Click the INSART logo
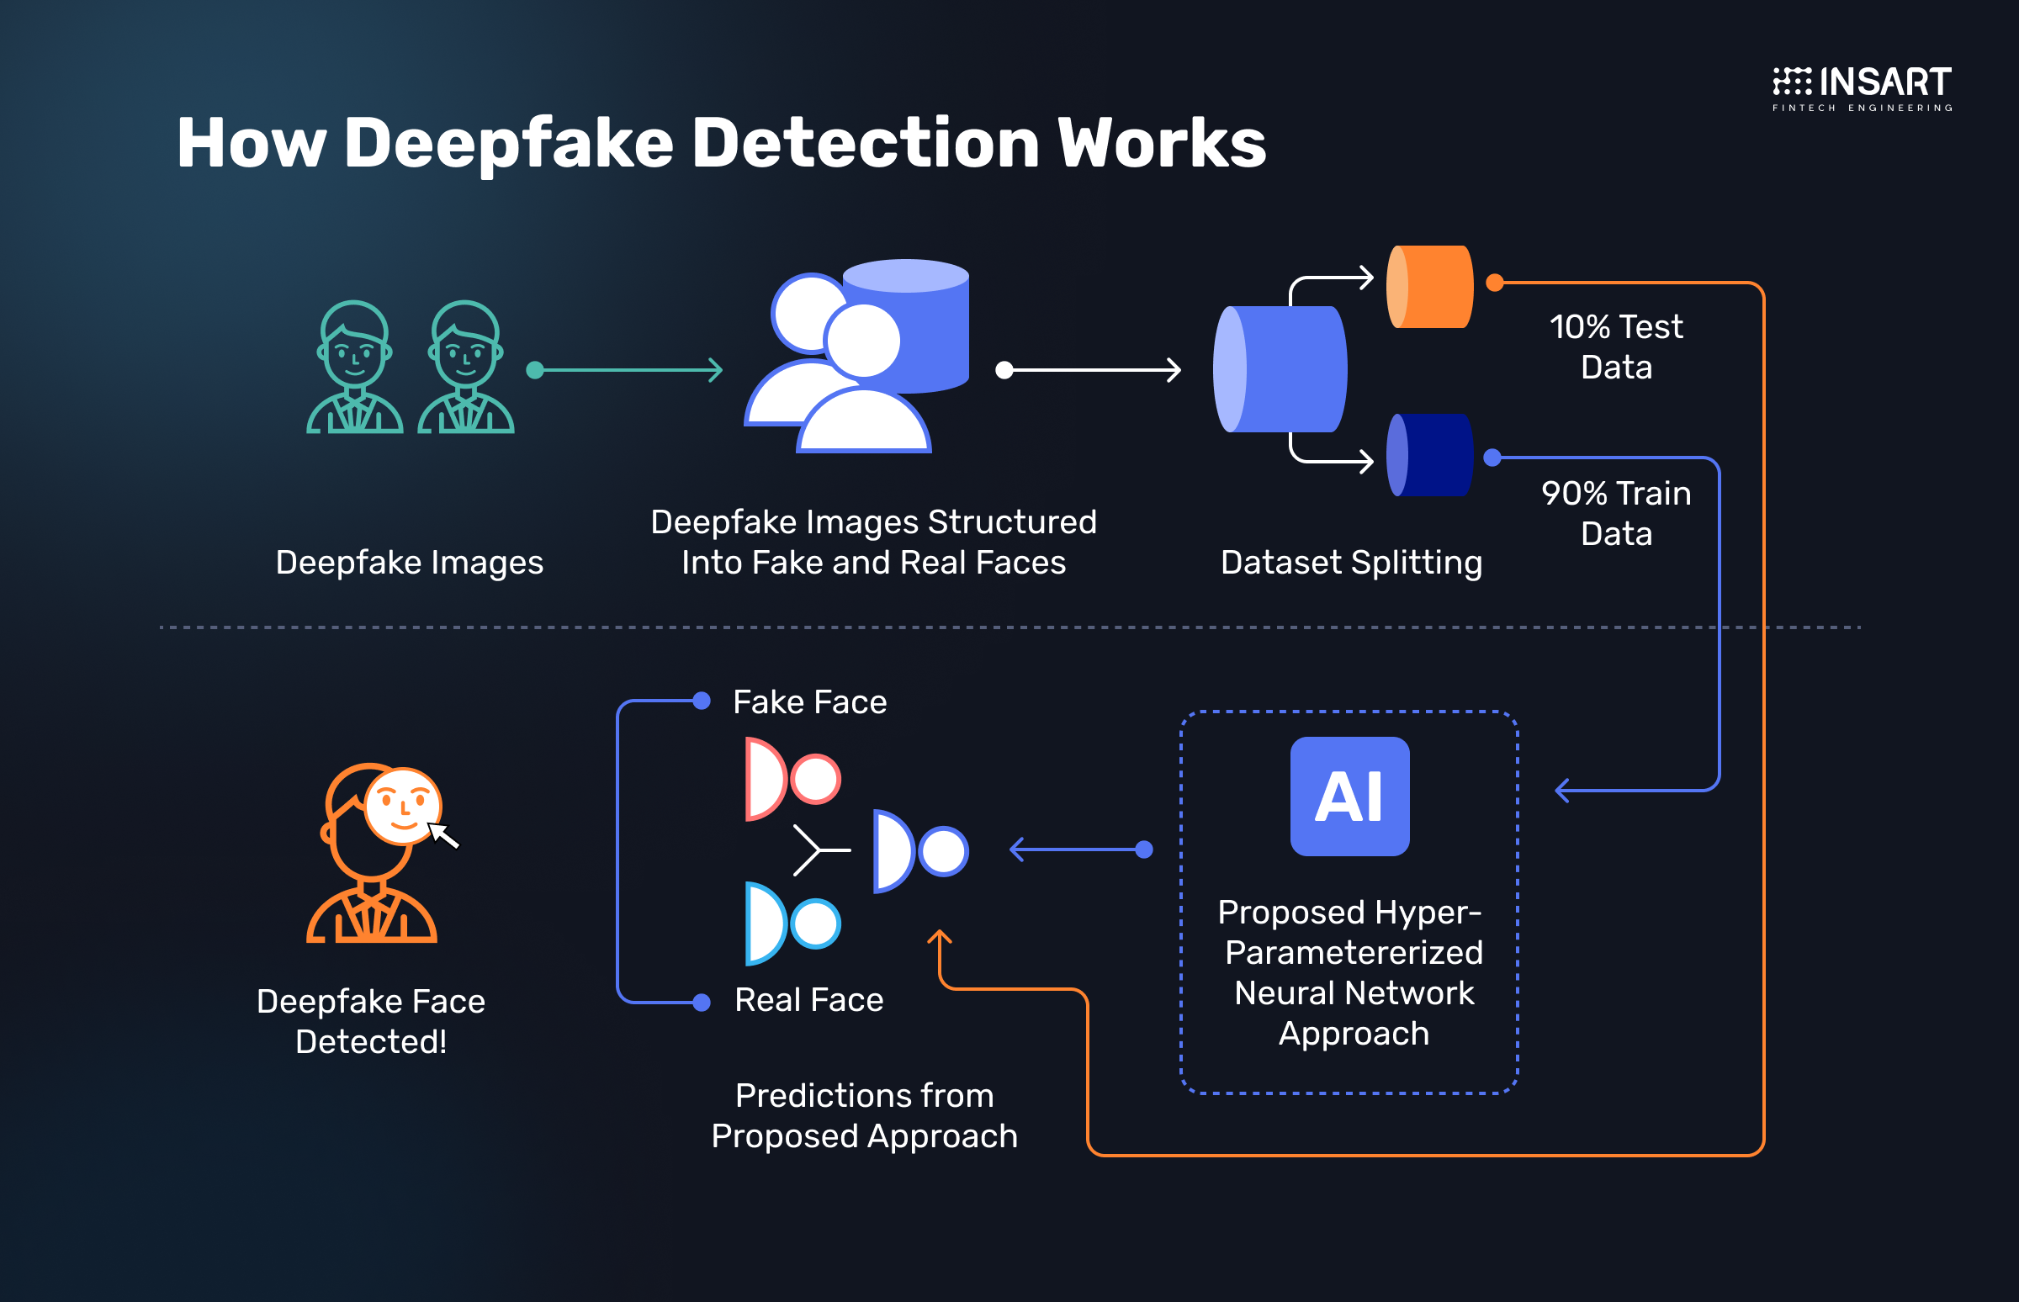coord(1862,88)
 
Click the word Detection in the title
coord(865,143)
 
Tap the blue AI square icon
coord(1349,796)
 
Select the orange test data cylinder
coord(1429,287)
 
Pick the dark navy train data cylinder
coord(1429,455)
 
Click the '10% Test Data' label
coord(1616,347)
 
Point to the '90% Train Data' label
coord(1616,513)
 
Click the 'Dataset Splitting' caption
coord(1351,562)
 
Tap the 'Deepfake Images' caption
coord(409,562)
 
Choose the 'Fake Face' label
coord(809,701)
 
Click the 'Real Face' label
coord(808,1000)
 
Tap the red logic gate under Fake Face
coord(792,779)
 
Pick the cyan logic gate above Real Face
coord(792,924)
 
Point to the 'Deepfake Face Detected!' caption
coord(370,1021)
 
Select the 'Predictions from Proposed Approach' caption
coord(864,1115)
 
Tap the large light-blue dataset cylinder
coord(1280,369)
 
